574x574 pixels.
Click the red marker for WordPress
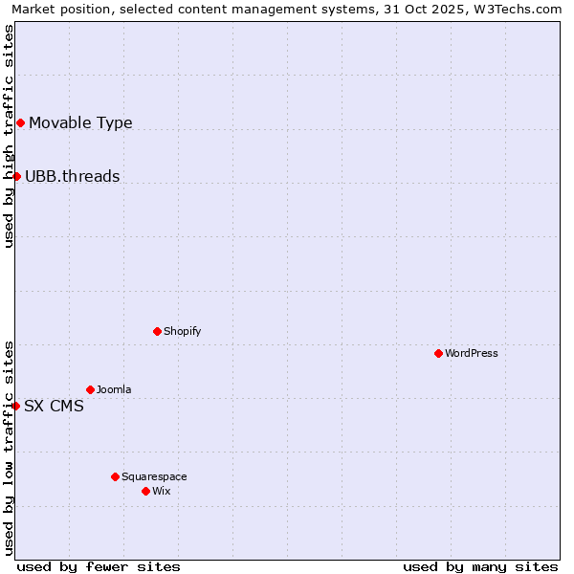pos(438,353)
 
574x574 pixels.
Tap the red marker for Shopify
pos(157,331)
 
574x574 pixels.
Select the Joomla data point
pos(90,389)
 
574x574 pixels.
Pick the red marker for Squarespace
pos(115,476)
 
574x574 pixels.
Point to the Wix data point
pos(145,491)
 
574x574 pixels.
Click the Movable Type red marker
pos(20,122)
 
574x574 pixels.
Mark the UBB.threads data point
pos(16,176)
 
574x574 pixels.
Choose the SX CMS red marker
pos(15,406)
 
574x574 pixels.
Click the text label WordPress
pos(472,353)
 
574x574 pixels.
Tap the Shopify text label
pos(183,331)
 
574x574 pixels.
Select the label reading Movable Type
pos(80,122)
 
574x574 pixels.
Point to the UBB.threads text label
pos(73,176)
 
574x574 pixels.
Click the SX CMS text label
pos(54,406)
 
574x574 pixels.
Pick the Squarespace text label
pos(154,476)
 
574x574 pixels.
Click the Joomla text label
pos(114,389)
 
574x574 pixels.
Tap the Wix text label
pos(162,491)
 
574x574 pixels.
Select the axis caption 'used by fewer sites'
pos(99,566)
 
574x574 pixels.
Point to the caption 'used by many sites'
pos(480,566)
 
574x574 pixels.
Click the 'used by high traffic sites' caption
pos(9,136)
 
